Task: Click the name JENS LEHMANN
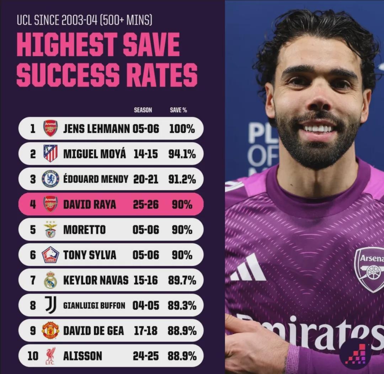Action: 96,129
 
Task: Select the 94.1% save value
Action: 182,154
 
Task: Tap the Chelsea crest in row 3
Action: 50,179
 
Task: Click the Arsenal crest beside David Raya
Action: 50,204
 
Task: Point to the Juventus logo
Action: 50,305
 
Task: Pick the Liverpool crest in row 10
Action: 50,356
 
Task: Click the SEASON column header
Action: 143,110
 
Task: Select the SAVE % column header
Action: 178,110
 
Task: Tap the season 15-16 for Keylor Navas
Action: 145,280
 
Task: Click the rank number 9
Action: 33,331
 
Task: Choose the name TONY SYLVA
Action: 90,255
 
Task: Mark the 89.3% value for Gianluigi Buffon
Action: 182,305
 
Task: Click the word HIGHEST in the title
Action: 66,45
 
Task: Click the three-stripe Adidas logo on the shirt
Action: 248,268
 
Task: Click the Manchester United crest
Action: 50,331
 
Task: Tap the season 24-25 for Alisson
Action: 145,356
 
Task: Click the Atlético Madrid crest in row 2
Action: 50,154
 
